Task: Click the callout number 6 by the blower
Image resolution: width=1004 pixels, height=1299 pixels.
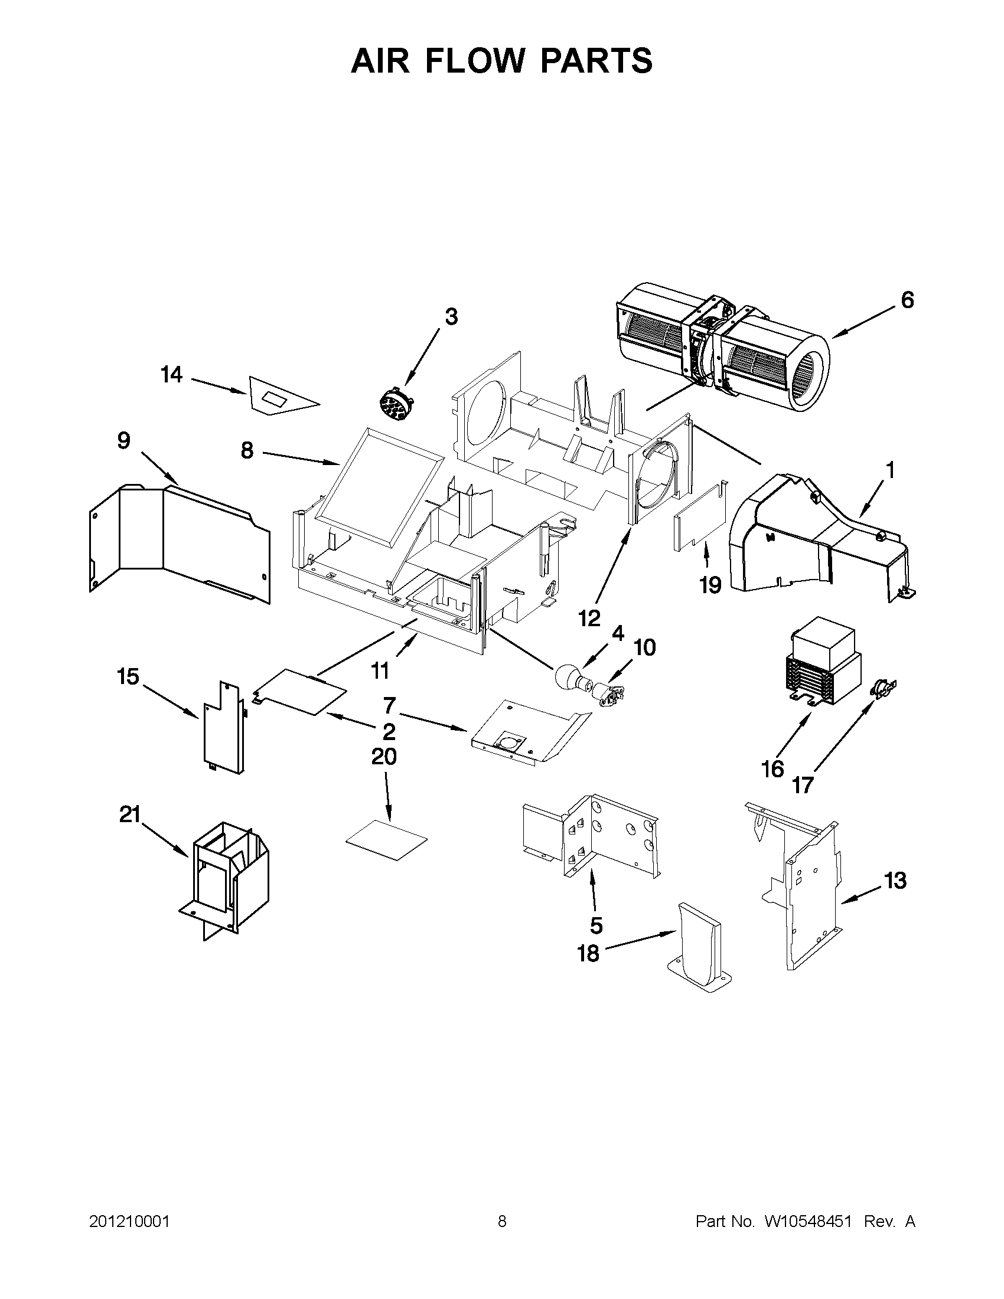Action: [907, 300]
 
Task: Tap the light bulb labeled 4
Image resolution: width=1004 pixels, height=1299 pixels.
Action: [568, 676]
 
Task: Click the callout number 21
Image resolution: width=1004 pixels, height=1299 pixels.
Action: [130, 814]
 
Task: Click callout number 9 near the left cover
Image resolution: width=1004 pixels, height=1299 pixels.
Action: [123, 441]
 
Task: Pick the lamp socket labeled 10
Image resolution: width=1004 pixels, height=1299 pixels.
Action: [608, 693]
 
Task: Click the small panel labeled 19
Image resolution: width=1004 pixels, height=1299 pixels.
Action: [701, 519]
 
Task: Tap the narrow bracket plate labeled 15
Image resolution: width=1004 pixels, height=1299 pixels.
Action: [223, 729]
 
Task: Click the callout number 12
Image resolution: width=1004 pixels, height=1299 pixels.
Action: [589, 619]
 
